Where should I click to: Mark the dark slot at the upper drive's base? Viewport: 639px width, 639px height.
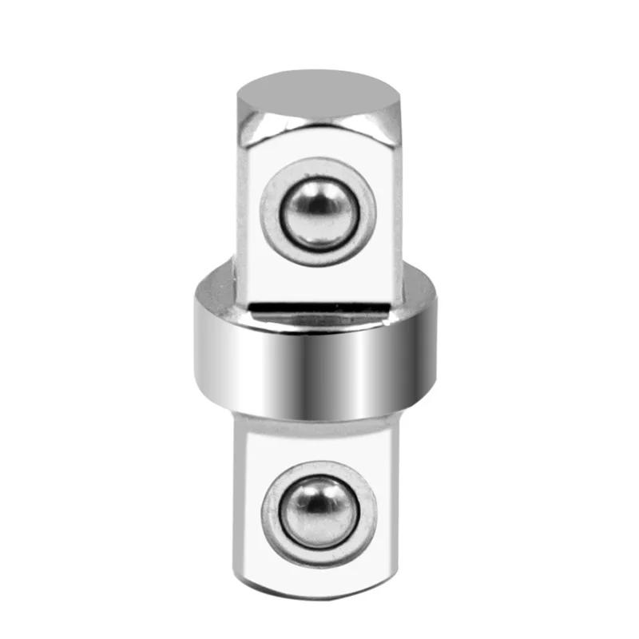pos(319,305)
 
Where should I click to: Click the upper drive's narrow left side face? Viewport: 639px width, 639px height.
pos(244,216)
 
